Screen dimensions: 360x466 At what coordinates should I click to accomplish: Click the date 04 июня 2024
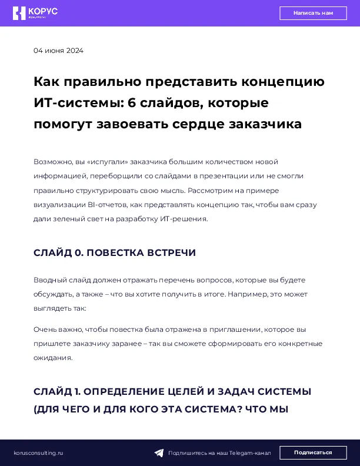tap(58, 51)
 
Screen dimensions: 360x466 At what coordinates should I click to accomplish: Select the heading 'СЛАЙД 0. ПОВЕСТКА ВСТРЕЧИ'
tap(115, 252)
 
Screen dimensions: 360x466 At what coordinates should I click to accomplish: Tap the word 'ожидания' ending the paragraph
tap(52, 357)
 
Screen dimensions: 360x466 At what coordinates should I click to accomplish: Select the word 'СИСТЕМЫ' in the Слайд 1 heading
tap(286, 391)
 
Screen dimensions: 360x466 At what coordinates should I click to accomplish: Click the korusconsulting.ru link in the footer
tap(38, 453)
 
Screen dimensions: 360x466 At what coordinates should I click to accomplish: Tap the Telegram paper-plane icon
tap(159, 453)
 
